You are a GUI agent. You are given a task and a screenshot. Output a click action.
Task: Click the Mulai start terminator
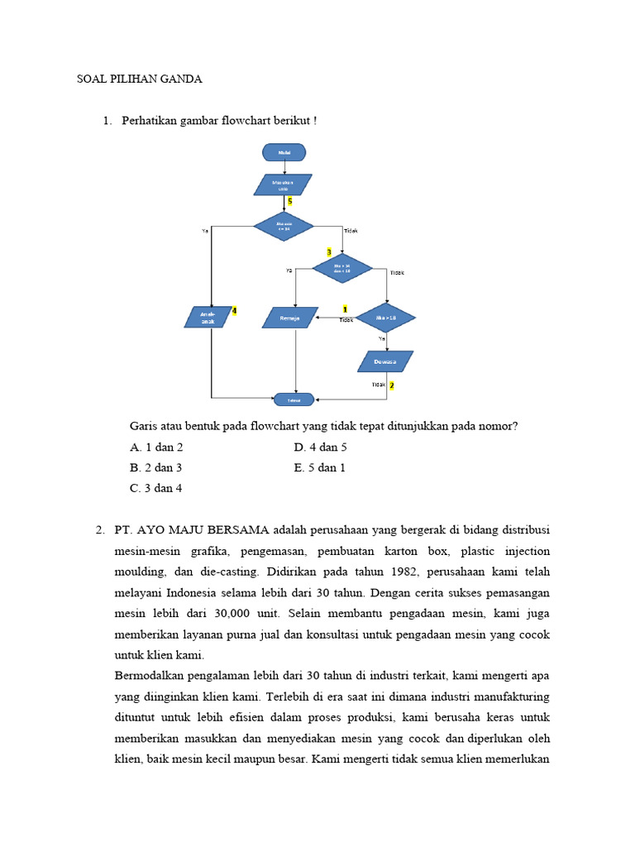tap(284, 152)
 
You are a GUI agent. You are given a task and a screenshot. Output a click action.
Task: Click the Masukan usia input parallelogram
tap(284, 185)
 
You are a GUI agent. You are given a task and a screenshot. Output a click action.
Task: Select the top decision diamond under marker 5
tap(284, 226)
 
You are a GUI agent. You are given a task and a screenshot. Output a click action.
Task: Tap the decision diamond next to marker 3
tap(342, 268)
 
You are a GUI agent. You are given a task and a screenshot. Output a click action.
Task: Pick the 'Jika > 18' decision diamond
tap(384, 317)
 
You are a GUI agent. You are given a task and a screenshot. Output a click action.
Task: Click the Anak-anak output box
tap(208, 317)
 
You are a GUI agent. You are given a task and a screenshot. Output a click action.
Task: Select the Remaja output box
tap(289, 317)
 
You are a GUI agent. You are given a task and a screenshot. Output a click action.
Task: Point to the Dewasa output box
tap(384, 361)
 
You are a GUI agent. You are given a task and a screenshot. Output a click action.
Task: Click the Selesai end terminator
tap(294, 400)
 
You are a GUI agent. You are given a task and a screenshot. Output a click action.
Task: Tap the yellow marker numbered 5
tap(289, 201)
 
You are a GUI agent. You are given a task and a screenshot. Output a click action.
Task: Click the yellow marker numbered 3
tap(329, 252)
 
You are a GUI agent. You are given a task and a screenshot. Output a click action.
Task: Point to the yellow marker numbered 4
tap(234, 311)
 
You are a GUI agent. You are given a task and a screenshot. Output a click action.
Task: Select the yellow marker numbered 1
tap(345, 310)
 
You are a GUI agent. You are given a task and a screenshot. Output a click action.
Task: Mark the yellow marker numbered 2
tap(392, 385)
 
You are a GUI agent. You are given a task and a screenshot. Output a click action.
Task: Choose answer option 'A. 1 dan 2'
tap(156, 447)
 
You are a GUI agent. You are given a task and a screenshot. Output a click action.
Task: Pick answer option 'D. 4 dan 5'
tap(320, 447)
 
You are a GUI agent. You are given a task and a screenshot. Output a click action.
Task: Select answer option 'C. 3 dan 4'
tap(155, 488)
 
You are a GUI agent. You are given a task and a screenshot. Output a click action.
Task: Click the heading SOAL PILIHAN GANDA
tap(139, 79)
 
